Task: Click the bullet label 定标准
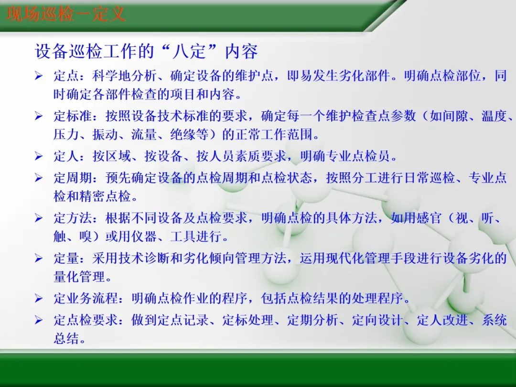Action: (73, 117)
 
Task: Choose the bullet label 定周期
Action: (73, 178)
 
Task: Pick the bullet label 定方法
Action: (73, 218)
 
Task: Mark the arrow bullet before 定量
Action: (39, 259)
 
